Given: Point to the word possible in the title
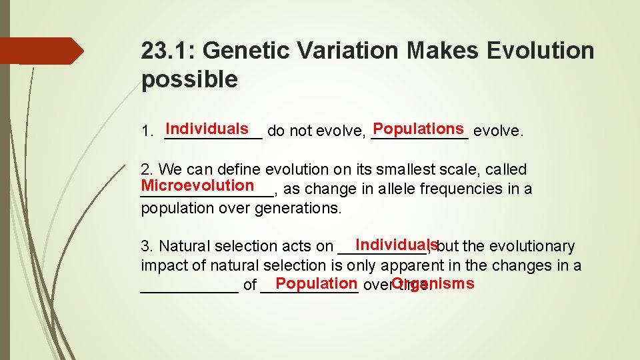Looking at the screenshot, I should (189, 80).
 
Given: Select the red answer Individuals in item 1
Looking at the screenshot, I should (207, 129).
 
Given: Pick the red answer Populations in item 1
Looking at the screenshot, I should (418, 129).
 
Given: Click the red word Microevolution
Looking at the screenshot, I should (197, 185).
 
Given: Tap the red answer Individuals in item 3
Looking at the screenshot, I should (396, 245).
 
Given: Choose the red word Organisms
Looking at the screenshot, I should (433, 283).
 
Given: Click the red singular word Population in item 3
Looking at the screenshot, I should (316, 283).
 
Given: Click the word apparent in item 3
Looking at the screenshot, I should (415, 266).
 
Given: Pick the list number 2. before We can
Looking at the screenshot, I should (147, 170).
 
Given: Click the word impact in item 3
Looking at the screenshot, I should (163, 266).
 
